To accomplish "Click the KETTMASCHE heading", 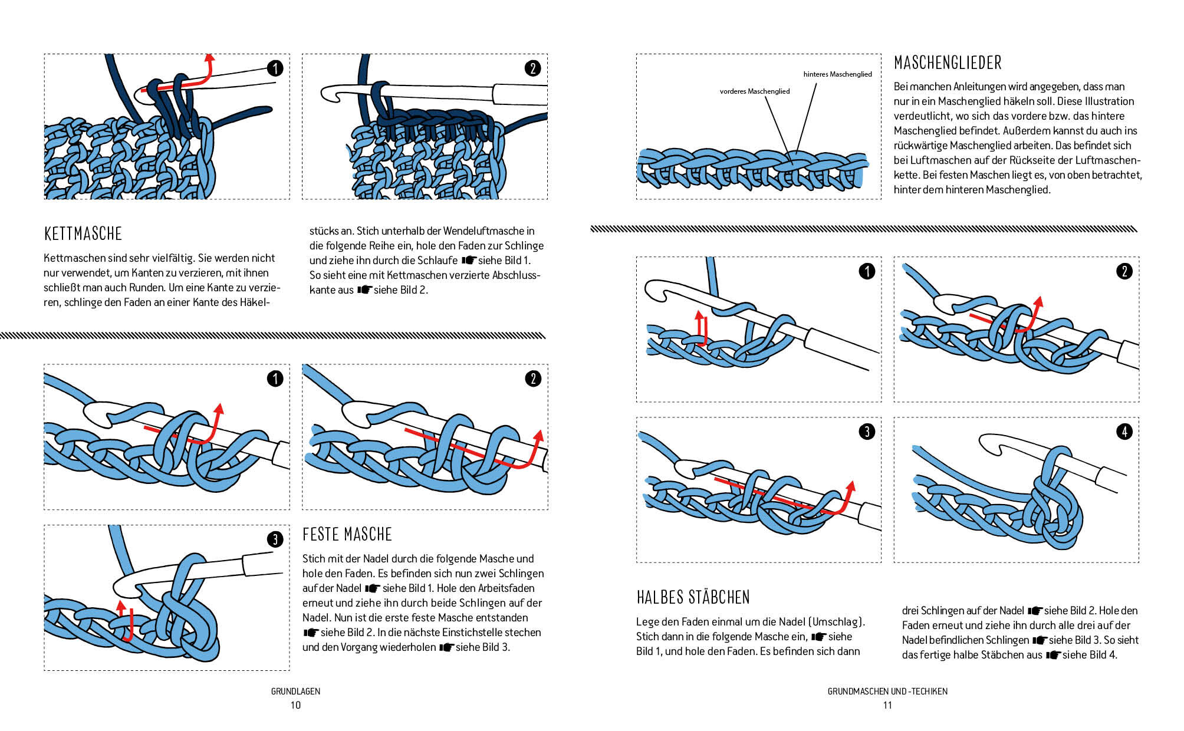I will [83, 234].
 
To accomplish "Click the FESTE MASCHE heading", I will [347, 535].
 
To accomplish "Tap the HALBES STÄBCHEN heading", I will [693, 598].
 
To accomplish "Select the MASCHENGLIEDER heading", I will [948, 63].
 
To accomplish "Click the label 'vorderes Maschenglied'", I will [754, 91].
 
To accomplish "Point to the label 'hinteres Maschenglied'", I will [837, 74].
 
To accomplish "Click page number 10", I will [295, 706].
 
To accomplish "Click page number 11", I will [887, 706].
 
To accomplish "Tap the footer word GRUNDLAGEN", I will [295, 692].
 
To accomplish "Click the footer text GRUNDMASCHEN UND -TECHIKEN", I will [887, 692].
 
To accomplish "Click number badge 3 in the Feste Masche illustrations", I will [275, 539].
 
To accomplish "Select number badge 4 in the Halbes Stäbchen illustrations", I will [1124, 432].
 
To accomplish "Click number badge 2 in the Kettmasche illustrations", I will [533, 68].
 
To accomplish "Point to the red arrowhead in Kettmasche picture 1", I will [209, 57].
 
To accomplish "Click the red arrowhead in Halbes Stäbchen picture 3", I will [850, 486].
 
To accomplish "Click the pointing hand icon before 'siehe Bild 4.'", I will [1053, 655].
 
